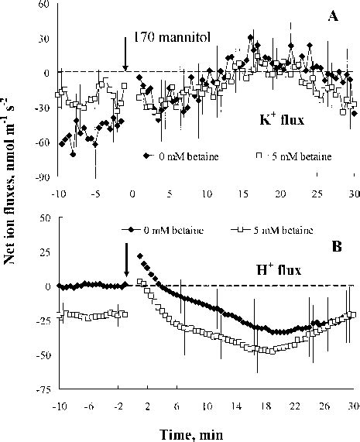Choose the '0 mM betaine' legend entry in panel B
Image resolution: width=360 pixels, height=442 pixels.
[x=156, y=230]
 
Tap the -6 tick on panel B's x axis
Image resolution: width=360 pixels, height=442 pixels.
[x=91, y=405]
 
